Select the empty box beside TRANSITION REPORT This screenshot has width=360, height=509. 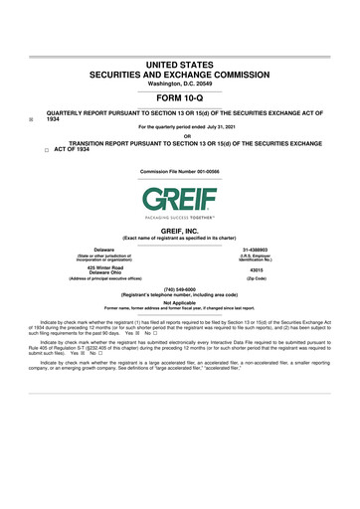tap(32, 151)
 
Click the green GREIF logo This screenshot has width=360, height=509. tap(180, 197)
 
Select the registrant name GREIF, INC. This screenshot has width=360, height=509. tap(180, 231)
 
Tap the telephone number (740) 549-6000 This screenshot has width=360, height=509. tap(180, 290)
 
